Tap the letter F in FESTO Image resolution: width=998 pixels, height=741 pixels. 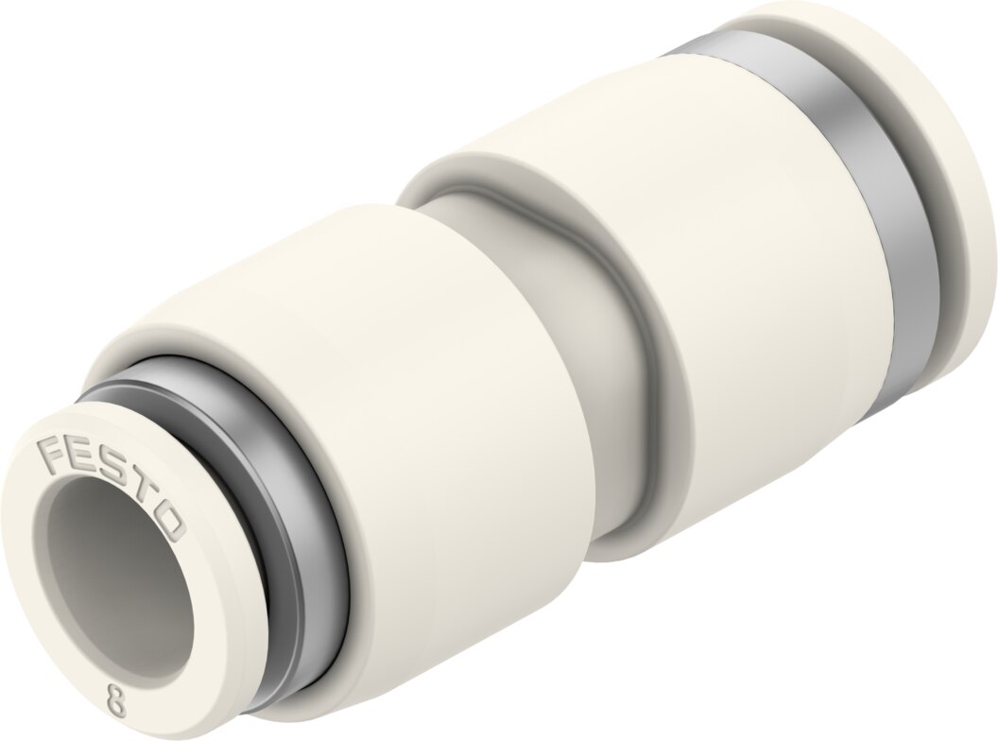point(52,452)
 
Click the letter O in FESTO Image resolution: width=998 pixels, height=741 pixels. point(168,522)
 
